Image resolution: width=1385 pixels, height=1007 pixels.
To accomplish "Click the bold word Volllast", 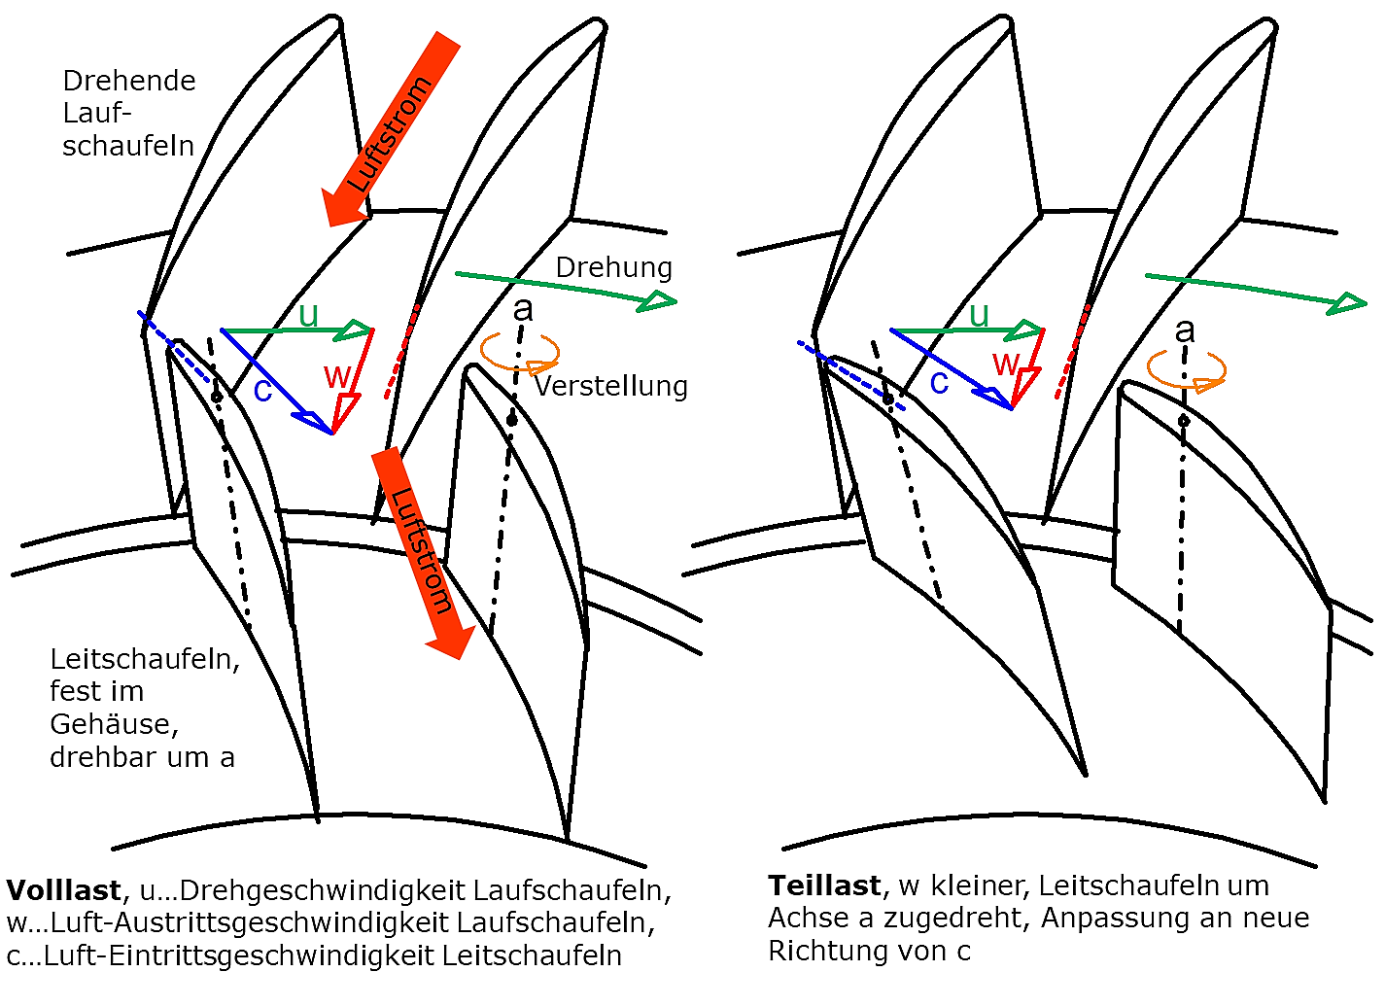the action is [64, 890].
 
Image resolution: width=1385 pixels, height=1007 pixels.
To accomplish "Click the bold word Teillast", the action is [823, 885].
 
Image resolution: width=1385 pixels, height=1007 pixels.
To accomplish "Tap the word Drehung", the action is [613, 268].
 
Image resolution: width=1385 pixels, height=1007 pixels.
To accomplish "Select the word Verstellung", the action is [611, 386].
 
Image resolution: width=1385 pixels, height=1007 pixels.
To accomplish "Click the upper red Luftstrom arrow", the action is [390, 129].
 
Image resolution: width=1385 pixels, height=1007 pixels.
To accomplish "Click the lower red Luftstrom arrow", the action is [423, 553].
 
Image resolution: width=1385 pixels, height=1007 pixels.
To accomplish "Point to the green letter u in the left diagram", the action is [308, 315].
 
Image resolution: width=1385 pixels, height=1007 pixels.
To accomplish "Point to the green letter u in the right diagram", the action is [979, 315].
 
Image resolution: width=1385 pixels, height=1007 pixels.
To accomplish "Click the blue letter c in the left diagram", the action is [262, 391].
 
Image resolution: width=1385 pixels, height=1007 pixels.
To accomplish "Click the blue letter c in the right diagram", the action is [939, 383].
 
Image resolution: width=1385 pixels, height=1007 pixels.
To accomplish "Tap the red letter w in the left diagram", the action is [337, 375].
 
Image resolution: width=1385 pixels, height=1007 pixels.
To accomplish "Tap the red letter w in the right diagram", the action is [1006, 364].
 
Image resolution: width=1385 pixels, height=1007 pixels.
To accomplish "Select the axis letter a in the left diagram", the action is [523, 309].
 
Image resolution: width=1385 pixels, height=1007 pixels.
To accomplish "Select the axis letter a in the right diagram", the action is [1185, 331].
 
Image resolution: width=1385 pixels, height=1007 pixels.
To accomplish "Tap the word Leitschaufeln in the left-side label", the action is [145, 660].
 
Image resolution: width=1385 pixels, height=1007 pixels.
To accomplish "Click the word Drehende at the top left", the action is [129, 81].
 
